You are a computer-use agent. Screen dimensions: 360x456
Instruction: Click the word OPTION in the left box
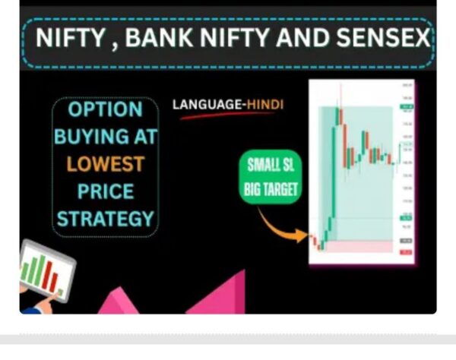point(105,109)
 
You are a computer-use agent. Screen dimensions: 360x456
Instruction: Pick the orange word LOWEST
point(105,164)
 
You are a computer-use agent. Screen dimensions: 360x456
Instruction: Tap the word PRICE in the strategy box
point(105,191)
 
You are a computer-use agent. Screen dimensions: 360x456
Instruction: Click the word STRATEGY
point(105,219)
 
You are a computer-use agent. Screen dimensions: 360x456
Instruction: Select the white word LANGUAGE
point(202,104)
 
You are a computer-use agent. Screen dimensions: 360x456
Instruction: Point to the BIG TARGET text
point(270,188)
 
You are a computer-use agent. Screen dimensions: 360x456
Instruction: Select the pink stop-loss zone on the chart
point(357,248)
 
